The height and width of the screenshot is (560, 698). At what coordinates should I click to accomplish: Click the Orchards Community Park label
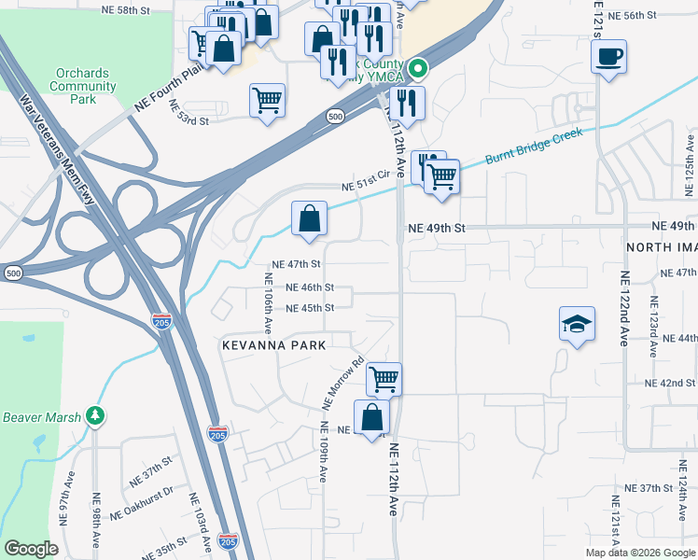click(x=84, y=86)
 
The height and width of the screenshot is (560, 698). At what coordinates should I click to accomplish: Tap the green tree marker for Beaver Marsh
click(x=93, y=414)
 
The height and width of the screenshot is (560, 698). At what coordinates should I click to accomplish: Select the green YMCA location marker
click(x=419, y=67)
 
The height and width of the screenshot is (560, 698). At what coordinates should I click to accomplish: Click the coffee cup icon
click(x=608, y=57)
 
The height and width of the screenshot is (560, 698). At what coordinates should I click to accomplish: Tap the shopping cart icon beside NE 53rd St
click(x=268, y=99)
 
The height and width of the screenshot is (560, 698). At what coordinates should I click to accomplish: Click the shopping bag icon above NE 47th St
click(x=309, y=219)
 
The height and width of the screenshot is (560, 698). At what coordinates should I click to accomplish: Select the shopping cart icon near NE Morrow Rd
click(x=384, y=379)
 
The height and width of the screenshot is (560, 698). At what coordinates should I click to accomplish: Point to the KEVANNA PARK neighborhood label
click(x=273, y=345)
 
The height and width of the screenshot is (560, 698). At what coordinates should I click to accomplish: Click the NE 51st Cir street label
click(x=365, y=187)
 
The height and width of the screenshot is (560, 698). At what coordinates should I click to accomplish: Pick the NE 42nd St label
click(x=670, y=384)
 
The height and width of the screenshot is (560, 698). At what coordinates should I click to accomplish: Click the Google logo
click(x=32, y=548)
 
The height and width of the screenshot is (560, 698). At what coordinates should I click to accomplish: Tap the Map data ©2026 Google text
click(x=639, y=553)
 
